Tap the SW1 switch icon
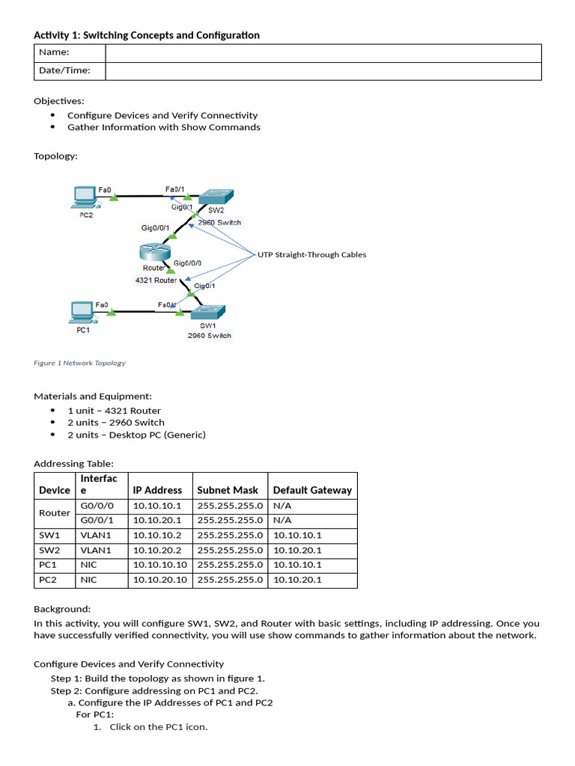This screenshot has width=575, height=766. point(210,312)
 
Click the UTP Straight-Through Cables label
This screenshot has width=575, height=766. point(311,255)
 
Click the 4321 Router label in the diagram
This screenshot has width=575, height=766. point(156,281)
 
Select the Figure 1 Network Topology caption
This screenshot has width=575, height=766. point(79,363)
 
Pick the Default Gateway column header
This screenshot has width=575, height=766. point(312,491)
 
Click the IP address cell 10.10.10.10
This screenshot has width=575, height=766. point(159,565)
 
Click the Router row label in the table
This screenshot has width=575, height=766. point(54,513)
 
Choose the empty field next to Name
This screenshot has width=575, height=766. point(323,53)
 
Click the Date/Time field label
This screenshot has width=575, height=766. point(64,71)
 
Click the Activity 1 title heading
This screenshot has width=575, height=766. point(147,35)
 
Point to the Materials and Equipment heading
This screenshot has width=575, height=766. point(93,396)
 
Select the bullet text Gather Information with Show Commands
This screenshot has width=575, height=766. point(163,127)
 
